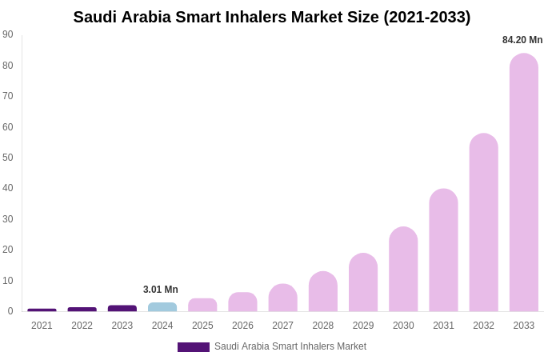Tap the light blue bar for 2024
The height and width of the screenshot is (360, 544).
click(x=162, y=307)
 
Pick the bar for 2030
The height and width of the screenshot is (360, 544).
click(x=403, y=270)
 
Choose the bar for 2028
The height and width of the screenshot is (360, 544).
click(x=323, y=292)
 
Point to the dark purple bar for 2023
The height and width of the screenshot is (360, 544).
click(x=122, y=308)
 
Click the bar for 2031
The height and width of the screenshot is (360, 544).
click(x=443, y=250)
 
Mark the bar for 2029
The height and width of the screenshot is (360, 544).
click(x=363, y=282)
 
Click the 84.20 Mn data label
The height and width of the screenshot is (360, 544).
click(x=522, y=40)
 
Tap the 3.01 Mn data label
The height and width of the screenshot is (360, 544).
click(x=161, y=290)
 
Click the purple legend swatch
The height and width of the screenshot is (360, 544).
click(x=194, y=347)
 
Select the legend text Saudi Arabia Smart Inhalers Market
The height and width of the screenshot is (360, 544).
click(x=290, y=346)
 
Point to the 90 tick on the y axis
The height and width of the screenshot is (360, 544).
click(x=8, y=34)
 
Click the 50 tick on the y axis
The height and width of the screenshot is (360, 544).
click(x=8, y=158)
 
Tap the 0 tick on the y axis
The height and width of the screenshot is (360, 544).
click(x=10, y=311)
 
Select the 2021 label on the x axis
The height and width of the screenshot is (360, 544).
click(x=42, y=326)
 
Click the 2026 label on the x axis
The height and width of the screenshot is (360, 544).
click(x=242, y=326)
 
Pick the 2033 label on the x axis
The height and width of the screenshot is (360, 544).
click(x=523, y=326)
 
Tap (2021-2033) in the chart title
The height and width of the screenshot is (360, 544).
click(x=426, y=17)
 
